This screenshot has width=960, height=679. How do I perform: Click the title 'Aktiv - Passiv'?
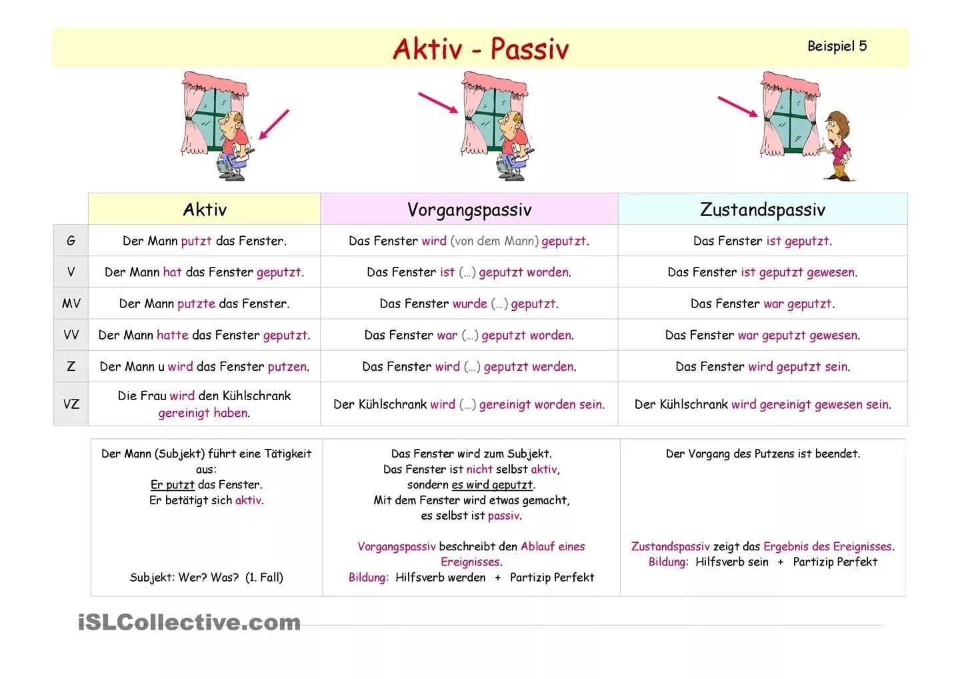[480, 49]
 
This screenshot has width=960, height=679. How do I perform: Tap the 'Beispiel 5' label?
[837, 46]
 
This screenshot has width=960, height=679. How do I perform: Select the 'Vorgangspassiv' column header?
[469, 209]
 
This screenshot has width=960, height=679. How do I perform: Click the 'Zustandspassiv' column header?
[762, 209]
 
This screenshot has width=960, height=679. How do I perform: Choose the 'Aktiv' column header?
[205, 209]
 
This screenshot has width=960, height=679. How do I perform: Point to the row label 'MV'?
[71, 303]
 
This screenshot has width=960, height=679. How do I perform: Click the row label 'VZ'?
[71, 404]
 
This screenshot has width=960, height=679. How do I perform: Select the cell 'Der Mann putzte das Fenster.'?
[204, 303]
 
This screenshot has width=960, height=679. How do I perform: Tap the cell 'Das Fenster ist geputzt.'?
[762, 241]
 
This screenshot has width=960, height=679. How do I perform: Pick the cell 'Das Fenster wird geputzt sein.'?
[762, 366]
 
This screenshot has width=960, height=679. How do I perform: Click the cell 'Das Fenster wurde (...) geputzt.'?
[469, 303]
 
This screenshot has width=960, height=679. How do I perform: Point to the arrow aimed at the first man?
[273, 124]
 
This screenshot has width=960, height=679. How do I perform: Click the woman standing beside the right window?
[837, 147]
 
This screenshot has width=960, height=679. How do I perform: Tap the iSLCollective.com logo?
[189, 622]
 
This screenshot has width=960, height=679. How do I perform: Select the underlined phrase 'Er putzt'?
[172, 485]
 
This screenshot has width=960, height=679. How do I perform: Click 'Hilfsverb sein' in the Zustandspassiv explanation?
[731, 562]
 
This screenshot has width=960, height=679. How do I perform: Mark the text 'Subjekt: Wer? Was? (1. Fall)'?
[206, 578]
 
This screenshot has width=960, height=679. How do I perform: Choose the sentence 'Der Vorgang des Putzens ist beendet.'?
[763, 454]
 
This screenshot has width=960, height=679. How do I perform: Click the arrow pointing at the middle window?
[437, 103]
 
